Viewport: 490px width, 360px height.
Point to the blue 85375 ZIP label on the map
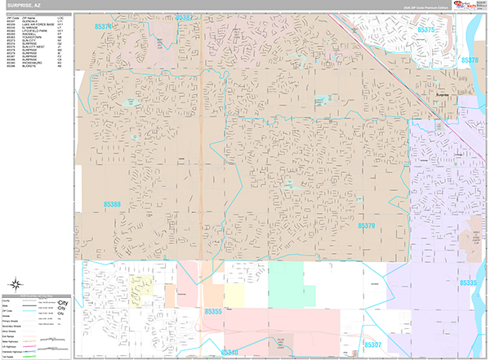point(426,29)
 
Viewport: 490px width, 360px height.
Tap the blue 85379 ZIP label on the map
point(366,225)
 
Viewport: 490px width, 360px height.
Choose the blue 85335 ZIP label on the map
point(468,282)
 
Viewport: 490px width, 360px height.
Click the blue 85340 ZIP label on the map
point(229,352)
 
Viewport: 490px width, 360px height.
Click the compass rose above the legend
point(16,285)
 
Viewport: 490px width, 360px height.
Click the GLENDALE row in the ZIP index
point(29,21)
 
